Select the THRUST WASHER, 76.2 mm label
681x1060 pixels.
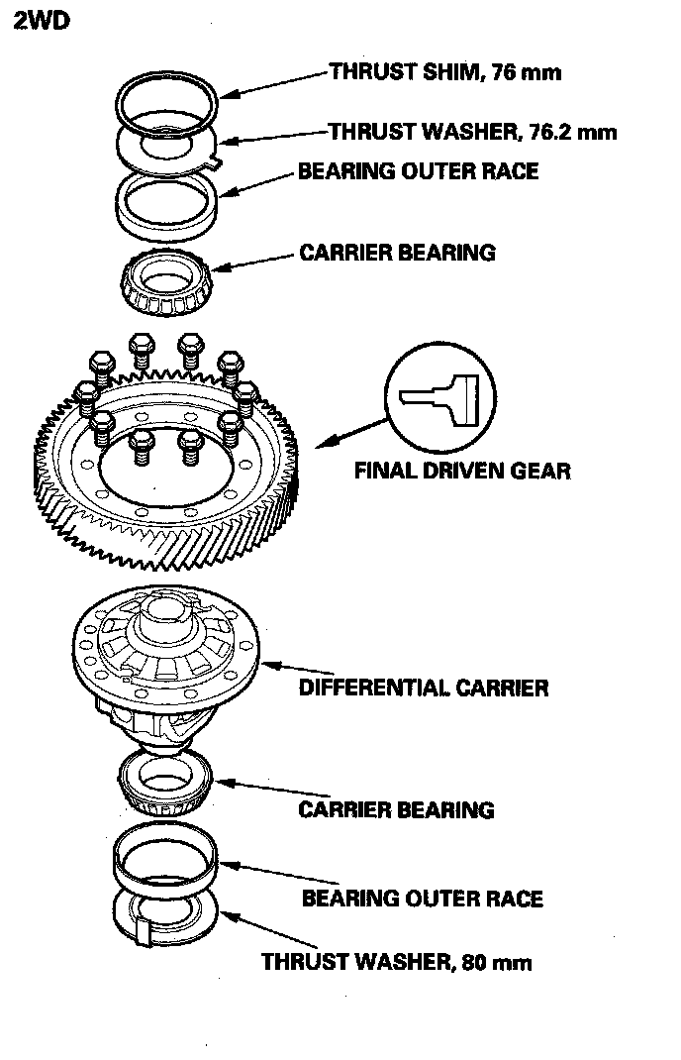click(x=472, y=132)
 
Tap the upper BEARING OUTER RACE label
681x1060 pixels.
click(x=418, y=171)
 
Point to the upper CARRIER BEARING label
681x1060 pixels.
click(x=397, y=253)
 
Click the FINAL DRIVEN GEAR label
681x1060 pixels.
click(x=462, y=470)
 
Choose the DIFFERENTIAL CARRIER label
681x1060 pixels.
click(x=423, y=688)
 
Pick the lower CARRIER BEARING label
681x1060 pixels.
click(x=396, y=809)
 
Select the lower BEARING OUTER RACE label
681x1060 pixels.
click(x=422, y=899)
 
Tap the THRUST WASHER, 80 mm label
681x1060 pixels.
click(x=396, y=961)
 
